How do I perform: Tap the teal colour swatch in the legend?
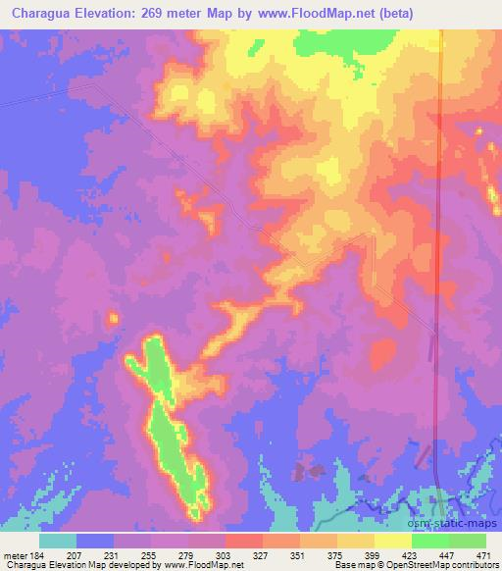click(x=58, y=540)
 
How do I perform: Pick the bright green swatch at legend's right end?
click(x=468, y=540)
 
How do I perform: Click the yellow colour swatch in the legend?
click(x=393, y=540)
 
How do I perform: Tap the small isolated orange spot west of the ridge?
click(x=112, y=317)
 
